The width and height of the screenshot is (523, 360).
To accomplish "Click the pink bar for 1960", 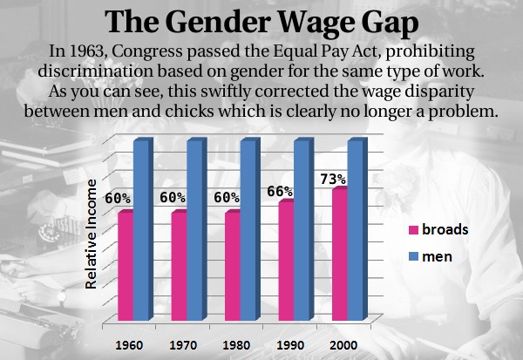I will (126, 266).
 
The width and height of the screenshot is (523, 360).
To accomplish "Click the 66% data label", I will (282, 192).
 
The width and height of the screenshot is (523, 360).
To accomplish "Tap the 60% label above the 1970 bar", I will (173, 199).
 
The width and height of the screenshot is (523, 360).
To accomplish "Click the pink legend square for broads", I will (413, 230).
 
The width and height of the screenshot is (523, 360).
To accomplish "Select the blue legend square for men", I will (413, 257).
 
